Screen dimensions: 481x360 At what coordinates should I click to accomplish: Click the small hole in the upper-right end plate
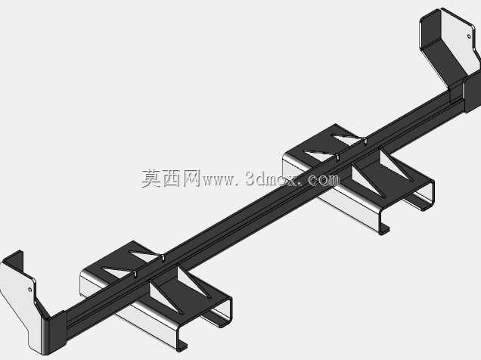(469, 36)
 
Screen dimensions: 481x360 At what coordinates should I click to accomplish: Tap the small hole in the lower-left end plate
(30, 290)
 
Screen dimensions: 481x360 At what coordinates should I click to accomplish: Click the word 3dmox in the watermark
(272, 178)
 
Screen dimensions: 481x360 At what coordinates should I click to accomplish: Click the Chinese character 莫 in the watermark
(151, 178)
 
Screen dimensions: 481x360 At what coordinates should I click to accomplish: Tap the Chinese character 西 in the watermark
(172, 178)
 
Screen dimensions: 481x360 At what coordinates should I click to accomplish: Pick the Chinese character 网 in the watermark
(192, 178)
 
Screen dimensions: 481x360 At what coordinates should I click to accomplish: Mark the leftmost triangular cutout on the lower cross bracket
(118, 272)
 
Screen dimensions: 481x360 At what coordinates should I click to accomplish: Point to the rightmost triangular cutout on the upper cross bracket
(395, 164)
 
